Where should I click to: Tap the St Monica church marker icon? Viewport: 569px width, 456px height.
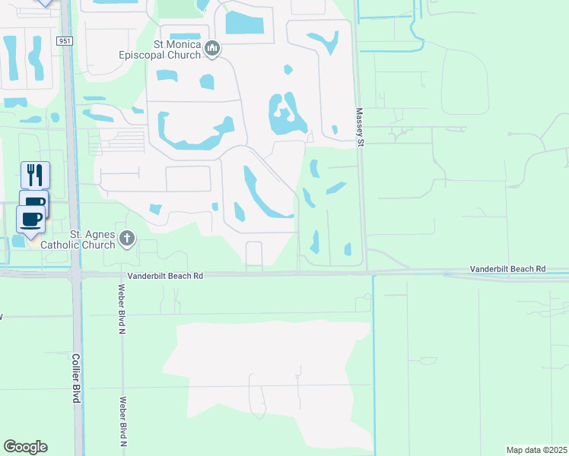[212, 49]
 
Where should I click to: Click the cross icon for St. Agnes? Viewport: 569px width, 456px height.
[127, 239]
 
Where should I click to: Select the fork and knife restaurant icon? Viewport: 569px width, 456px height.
[34, 175]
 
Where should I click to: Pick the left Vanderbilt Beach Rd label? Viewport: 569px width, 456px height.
[166, 277]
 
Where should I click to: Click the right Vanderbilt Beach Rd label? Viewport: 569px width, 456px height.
[507, 269]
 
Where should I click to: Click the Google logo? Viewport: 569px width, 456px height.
[25, 447]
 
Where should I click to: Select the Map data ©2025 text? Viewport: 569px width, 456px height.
[536, 449]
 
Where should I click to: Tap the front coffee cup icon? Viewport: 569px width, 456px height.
[30, 219]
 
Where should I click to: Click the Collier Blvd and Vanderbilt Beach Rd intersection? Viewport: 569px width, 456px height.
[75, 274]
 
